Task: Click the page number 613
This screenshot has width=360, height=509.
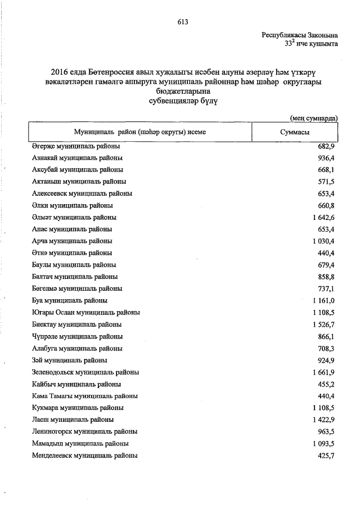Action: click(x=182, y=22)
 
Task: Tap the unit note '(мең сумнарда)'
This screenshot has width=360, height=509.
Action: click(x=314, y=118)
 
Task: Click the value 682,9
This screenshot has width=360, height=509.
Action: click(x=326, y=146)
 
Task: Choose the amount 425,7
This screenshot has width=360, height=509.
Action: click(x=326, y=456)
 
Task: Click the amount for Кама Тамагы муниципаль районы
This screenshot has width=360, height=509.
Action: click(x=326, y=396)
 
